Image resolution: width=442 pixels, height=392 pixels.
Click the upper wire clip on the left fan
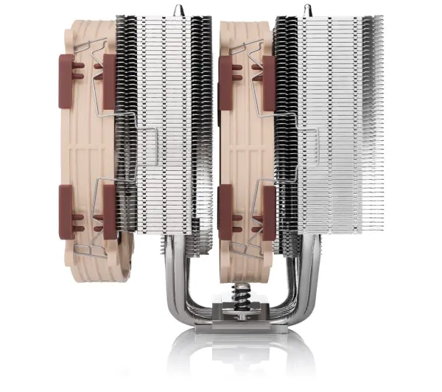click(x=92, y=52)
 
